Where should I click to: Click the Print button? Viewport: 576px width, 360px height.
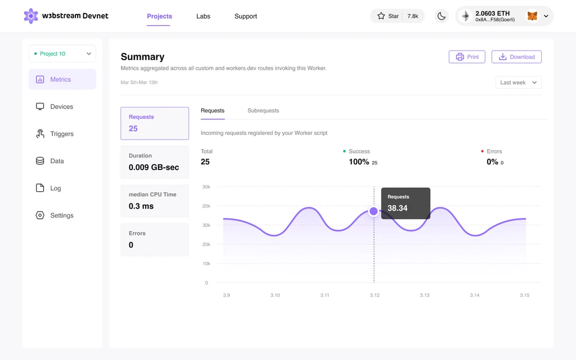(x=467, y=57)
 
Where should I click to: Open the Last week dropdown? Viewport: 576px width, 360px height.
(x=518, y=83)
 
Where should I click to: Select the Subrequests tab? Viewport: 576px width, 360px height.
(x=263, y=111)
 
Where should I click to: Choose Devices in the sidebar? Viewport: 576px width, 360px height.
(x=62, y=107)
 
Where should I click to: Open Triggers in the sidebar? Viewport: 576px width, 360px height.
(x=62, y=134)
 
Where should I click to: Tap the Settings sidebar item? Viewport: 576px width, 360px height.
(x=62, y=215)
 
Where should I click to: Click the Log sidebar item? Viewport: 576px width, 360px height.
(x=55, y=188)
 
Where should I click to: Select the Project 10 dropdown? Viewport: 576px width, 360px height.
(x=62, y=54)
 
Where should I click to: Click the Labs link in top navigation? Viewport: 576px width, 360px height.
(x=203, y=16)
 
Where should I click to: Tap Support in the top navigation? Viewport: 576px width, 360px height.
(x=246, y=16)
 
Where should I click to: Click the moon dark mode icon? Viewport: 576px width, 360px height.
(x=442, y=16)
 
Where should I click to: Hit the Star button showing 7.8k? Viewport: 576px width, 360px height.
(x=397, y=16)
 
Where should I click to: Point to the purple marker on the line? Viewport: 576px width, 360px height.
(x=373, y=211)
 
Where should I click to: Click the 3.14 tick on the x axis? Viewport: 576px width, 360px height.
(x=475, y=295)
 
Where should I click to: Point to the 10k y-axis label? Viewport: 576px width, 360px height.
(x=206, y=264)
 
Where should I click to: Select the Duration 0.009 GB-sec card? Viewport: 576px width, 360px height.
(x=155, y=162)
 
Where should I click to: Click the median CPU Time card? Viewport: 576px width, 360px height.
(x=155, y=201)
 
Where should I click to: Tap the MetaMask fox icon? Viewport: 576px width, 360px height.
(x=532, y=16)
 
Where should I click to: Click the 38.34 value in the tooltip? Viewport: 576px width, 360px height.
(x=398, y=208)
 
